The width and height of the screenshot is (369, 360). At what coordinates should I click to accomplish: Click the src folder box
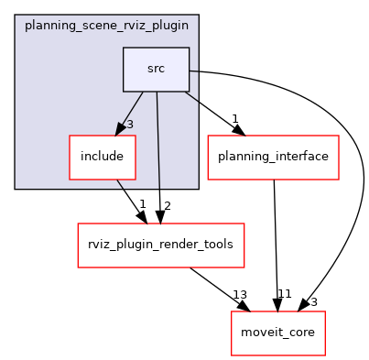(156, 69)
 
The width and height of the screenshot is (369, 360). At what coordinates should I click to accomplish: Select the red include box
(103, 157)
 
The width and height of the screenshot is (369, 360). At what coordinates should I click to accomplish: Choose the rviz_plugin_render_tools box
(160, 245)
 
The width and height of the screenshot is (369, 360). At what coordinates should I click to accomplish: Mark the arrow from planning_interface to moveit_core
(275, 238)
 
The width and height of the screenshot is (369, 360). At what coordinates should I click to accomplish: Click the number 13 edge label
(240, 294)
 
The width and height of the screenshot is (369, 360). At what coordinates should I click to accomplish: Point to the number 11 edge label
(284, 294)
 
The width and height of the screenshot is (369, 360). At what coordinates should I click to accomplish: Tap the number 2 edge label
(167, 206)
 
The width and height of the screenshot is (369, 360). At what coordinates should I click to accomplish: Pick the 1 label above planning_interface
(235, 118)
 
